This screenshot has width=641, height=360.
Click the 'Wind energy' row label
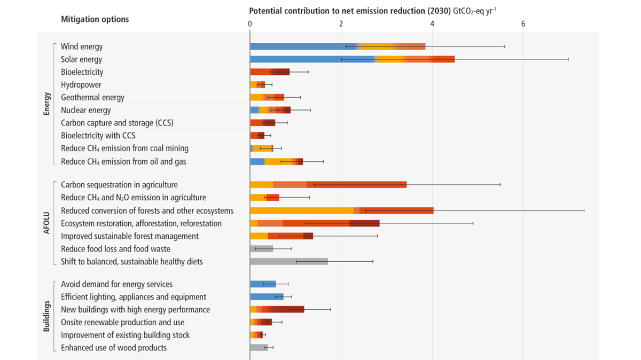pyautogui.click(x=82, y=47)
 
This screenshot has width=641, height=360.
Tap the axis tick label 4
pyautogui.click(x=432, y=24)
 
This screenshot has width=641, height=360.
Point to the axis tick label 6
pyautogui.click(x=523, y=24)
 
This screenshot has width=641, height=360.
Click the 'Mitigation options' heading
pyautogui.click(x=95, y=19)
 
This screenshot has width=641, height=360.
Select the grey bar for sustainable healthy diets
pyautogui.click(x=288, y=262)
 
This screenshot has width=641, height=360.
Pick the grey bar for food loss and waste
pyautogui.click(x=261, y=249)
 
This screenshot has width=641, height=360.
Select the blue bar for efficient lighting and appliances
pyautogui.click(x=267, y=297)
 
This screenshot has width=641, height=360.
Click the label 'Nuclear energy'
pyautogui.click(x=86, y=111)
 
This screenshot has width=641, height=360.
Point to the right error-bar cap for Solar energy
pyautogui.click(x=568, y=59)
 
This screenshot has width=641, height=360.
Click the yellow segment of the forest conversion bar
pyautogui.click(x=301, y=210)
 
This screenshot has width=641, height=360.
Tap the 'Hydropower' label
pyautogui.click(x=81, y=85)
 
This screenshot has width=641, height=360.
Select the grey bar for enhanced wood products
pyautogui.click(x=259, y=348)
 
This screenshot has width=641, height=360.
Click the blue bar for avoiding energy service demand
pyautogui.click(x=263, y=284)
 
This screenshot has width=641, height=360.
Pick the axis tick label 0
pyautogui.click(x=250, y=24)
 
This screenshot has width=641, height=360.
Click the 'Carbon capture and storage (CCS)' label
pyautogui.click(x=117, y=123)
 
